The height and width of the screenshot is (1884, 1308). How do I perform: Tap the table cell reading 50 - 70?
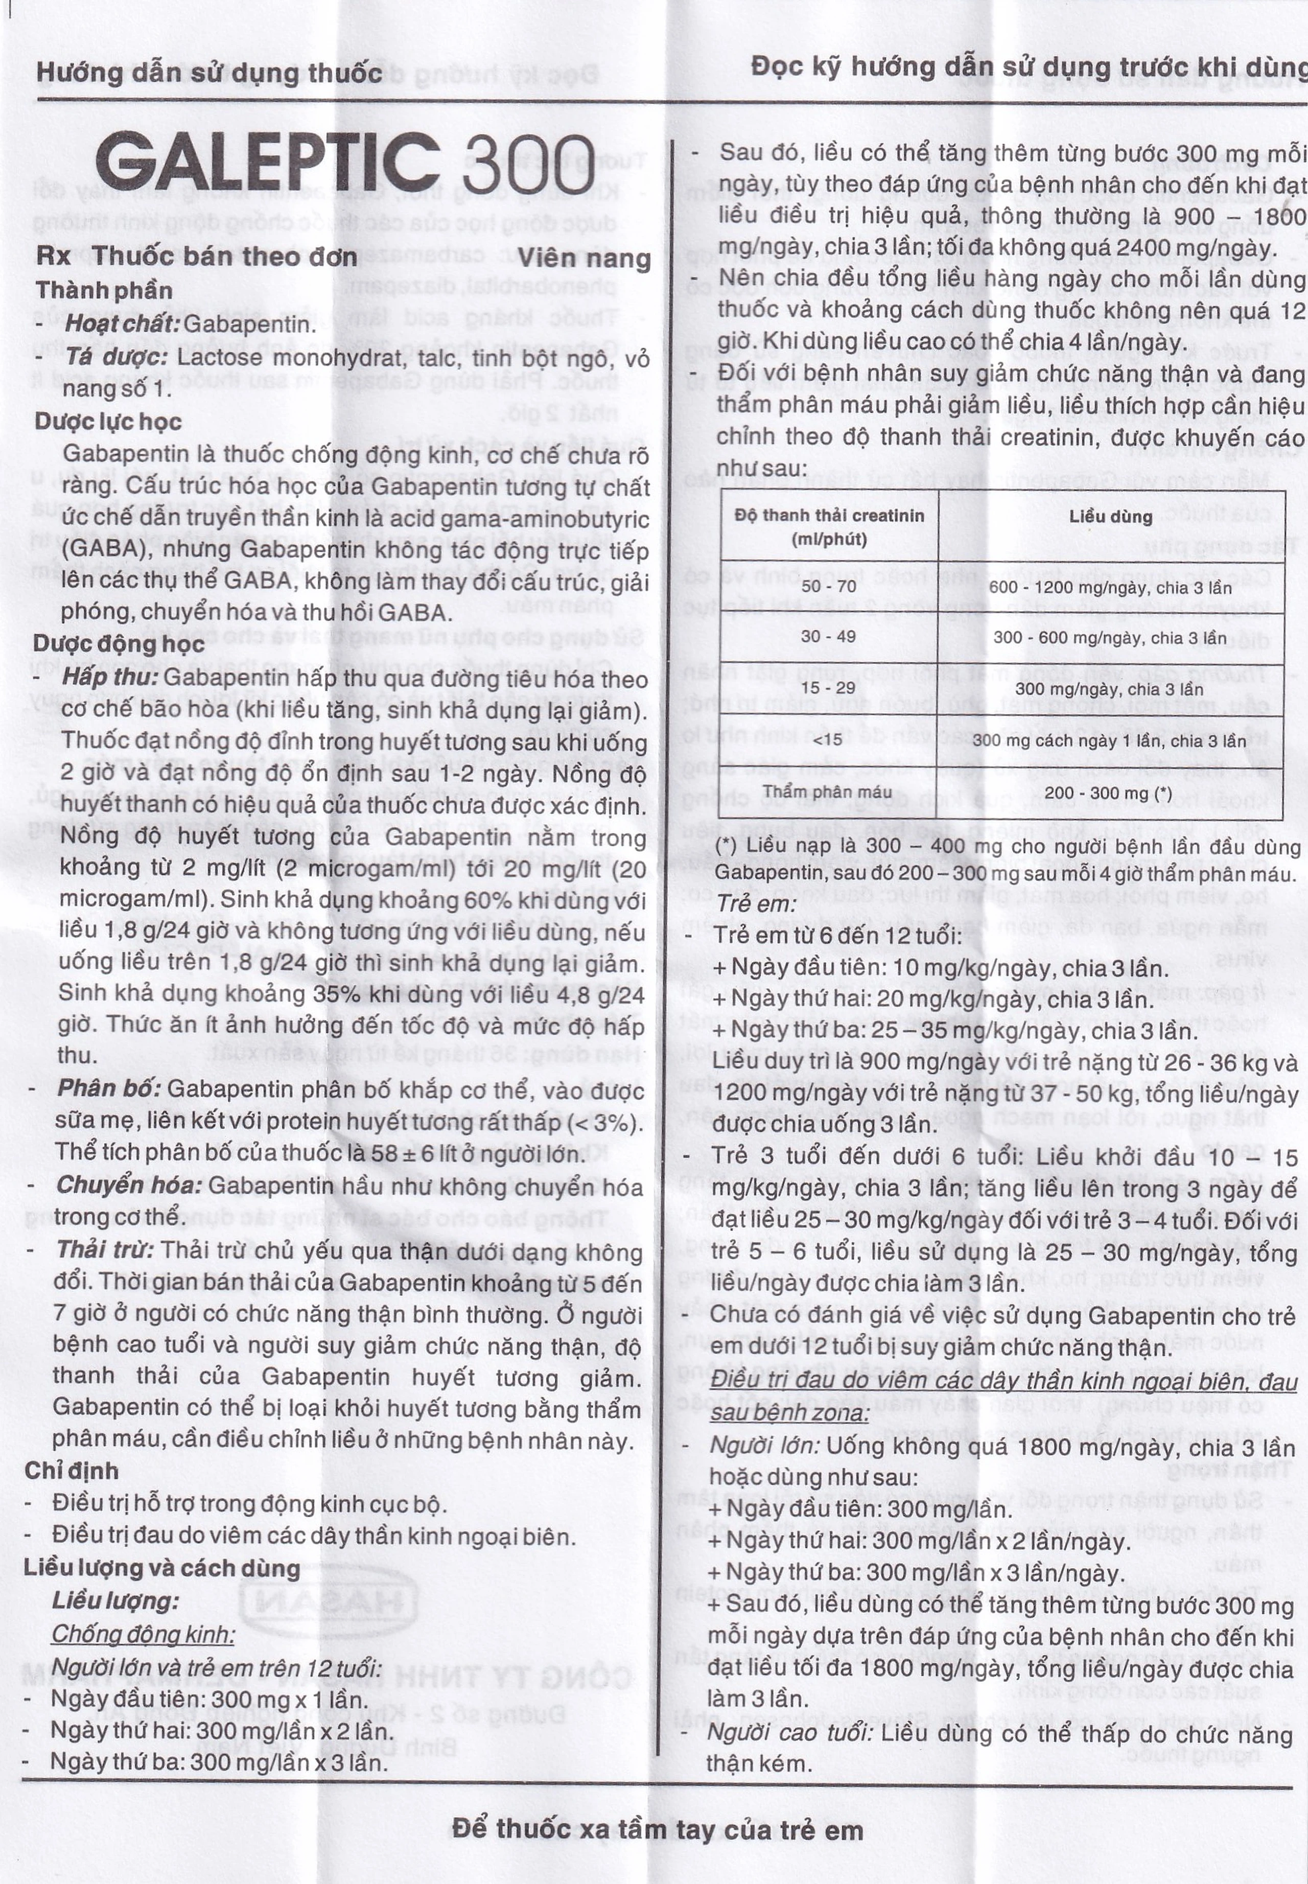tap(829, 586)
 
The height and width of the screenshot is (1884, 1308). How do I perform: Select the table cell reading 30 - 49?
tap(829, 637)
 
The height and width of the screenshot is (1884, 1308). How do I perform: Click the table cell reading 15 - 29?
tap(829, 688)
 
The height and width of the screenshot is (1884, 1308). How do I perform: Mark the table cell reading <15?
tap(829, 740)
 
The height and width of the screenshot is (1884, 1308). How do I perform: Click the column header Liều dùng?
tap(1110, 516)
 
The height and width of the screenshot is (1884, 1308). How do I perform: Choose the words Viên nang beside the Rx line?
tap(585, 259)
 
